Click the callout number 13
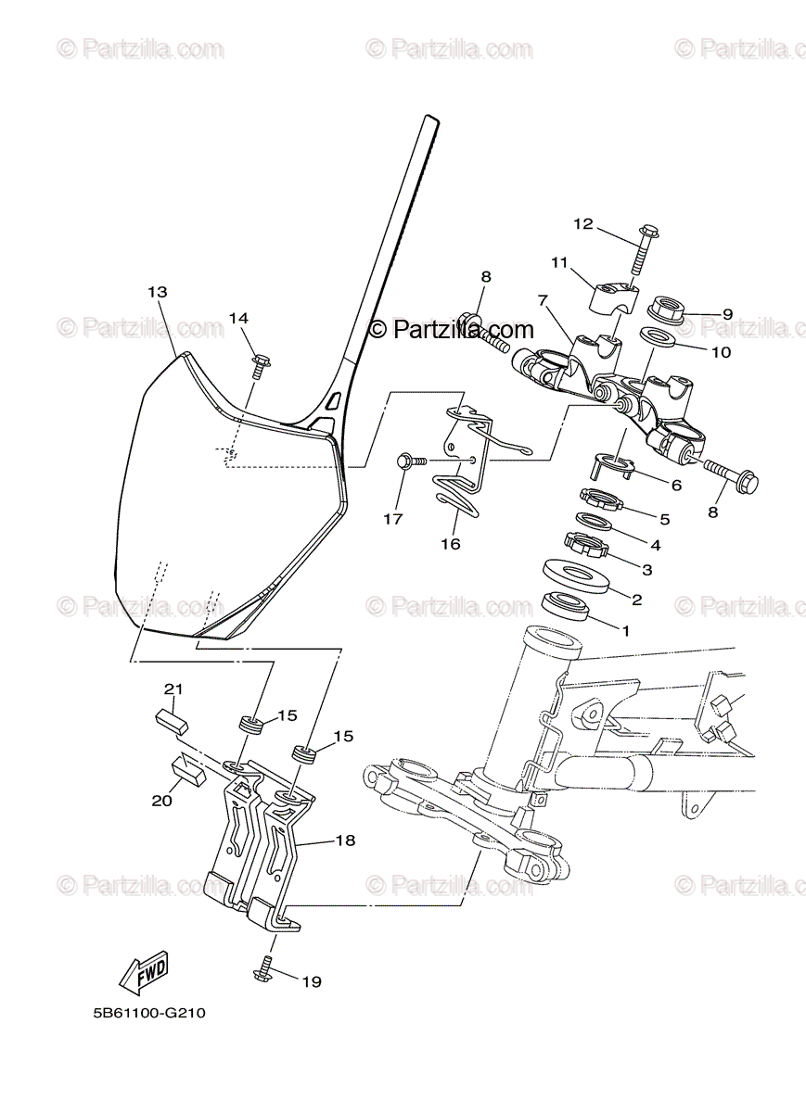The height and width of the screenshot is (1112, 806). tap(157, 292)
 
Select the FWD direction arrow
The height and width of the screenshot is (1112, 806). tap(143, 973)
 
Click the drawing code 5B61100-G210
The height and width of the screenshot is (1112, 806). tap(148, 1013)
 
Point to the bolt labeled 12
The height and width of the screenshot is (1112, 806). tap(640, 249)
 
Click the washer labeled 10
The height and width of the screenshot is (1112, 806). tap(659, 337)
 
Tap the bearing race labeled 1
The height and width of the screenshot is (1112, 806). tap(567, 605)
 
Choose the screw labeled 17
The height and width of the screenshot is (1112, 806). tap(412, 460)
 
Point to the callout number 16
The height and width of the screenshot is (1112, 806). tap(450, 544)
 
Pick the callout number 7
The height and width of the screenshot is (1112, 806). tap(544, 300)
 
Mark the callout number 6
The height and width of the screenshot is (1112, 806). tap(676, 485)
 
